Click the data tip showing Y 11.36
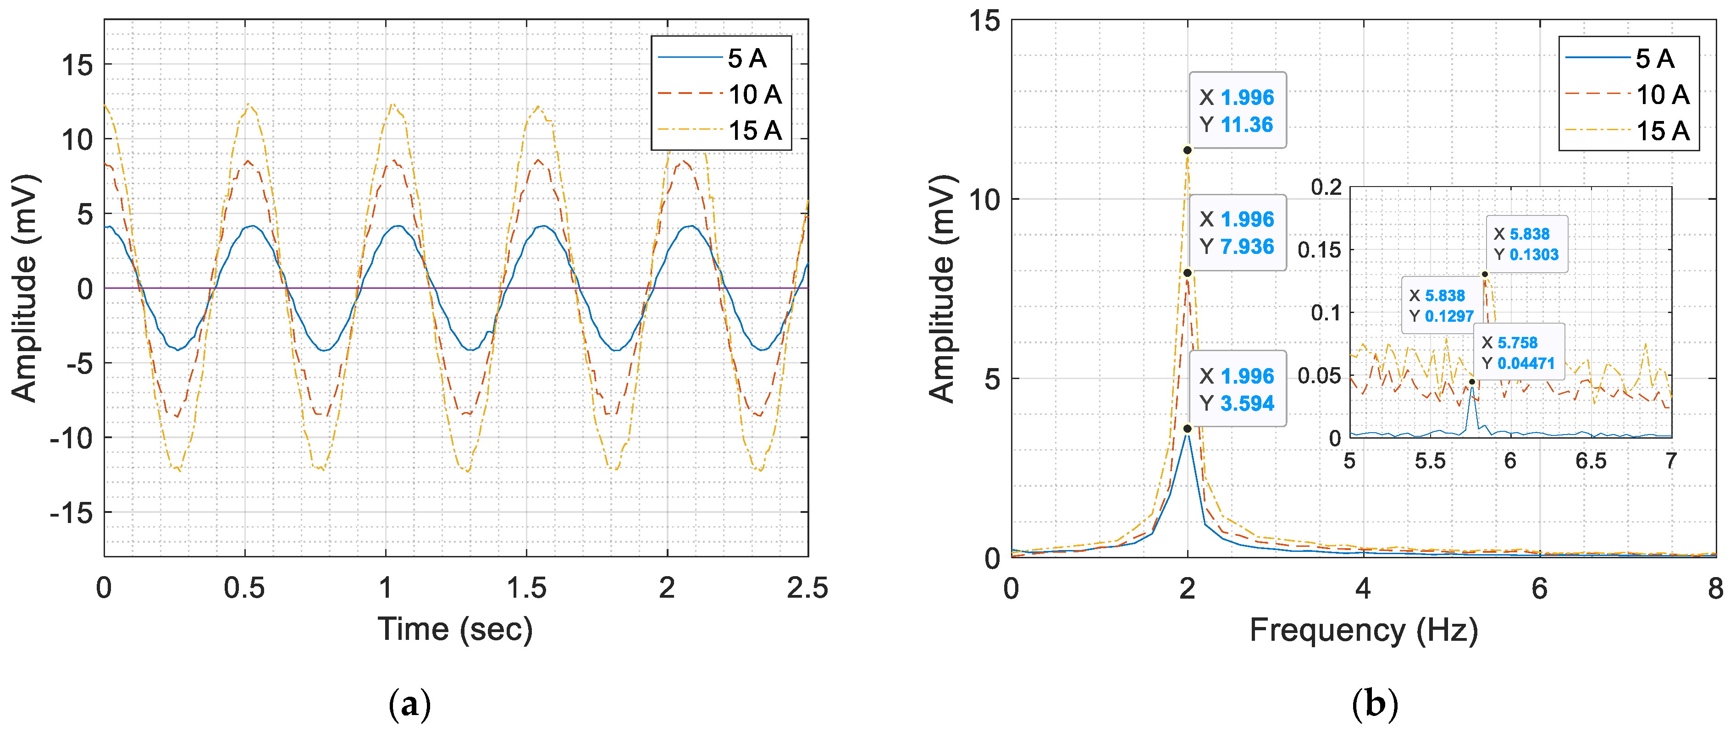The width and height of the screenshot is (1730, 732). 1237,110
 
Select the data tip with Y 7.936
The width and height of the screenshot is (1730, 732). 1237,232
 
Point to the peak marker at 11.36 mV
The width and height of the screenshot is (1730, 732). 1188,150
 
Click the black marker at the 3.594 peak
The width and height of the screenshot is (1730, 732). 1188,429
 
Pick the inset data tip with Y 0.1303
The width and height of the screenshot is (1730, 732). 1526,244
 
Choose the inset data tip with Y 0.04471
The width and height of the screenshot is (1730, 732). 1519,352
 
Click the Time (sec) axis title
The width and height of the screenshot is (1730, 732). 455,629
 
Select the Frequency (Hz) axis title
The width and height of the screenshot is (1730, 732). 1363,631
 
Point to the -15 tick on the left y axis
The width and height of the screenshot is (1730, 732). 71,513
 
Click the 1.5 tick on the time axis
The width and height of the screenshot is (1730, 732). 526,588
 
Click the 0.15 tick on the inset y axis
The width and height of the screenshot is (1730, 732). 1318,250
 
